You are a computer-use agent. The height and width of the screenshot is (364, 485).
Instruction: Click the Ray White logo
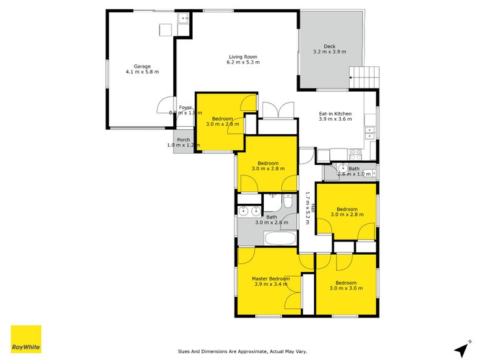26,339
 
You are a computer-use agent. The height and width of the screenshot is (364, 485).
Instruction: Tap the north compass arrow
463,349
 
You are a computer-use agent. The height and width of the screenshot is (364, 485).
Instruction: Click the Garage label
142,67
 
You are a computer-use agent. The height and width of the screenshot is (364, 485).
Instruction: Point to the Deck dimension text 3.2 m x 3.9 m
329,52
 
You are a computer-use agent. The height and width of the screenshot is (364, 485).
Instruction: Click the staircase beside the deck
366,78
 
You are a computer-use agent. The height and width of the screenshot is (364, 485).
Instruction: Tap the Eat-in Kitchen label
335,113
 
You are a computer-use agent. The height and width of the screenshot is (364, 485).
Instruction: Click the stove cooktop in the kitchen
356,152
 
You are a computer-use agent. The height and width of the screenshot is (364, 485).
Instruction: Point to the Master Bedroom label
271,278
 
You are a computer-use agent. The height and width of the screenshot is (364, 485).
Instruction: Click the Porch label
184,140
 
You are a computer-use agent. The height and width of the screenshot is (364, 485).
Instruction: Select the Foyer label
185,107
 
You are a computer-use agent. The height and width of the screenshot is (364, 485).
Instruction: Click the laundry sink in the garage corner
183,19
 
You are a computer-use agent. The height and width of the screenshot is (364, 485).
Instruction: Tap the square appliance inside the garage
165,30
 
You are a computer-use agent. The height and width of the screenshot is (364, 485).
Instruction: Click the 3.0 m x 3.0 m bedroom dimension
346,288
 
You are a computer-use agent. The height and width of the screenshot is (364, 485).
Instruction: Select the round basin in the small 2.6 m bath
342,169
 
